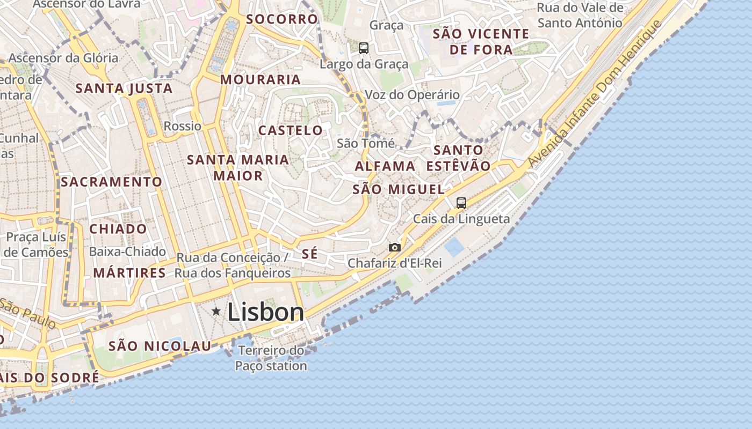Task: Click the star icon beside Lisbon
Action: (x=216, y=311)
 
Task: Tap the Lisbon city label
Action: (x=266, y=312)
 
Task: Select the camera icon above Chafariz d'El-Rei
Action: (x=395, y=247)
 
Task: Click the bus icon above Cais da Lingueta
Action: (x=461, y=203)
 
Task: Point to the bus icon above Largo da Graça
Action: (x=364, y=48)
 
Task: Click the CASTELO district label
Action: (x=291, y=130)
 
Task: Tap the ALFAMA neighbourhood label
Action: (x=385, y=166)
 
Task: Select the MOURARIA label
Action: (x=261, y=80)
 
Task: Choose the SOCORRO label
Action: (x=282, y=19)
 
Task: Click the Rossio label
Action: (x=183, y=127)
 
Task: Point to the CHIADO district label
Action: (x=118, y=229)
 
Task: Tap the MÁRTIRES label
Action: (x=129, y=273)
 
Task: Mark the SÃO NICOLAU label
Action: (x=160, y=346)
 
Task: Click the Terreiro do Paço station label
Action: (x=271, y=358)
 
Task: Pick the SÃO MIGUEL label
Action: (x=399, y=189)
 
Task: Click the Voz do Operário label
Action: (x=413, y=95)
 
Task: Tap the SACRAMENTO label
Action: (x=111, y=182)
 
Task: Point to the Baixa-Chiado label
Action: (x=127, y=252)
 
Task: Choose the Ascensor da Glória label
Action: (x=63, y=58)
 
